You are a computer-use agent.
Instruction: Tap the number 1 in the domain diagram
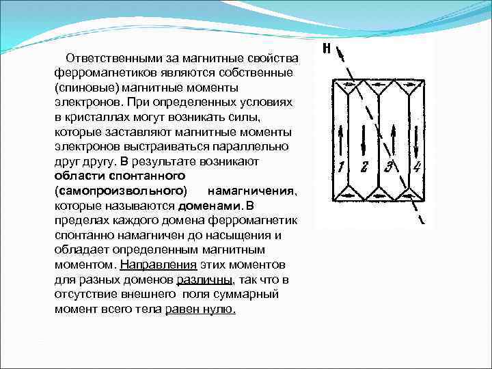340,166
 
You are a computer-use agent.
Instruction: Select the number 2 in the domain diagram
364,166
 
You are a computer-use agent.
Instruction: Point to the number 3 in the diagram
389,166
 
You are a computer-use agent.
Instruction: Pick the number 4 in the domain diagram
416,166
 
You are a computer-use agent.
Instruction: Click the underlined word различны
204,279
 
